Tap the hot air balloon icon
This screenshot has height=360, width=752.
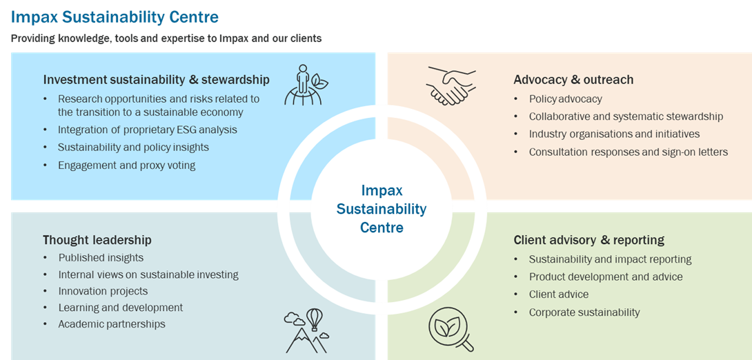(x=315, y=319)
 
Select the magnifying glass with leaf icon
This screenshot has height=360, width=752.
(x=450, y=330)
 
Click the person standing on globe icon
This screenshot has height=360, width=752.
(x=303, y=86)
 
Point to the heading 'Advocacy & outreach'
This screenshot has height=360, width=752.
(x=573, y=79)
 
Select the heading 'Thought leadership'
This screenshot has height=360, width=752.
(x=97, y=240)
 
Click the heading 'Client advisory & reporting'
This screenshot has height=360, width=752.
(x=588, y=240)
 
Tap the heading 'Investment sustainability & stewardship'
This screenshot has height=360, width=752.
(x=156, y=79)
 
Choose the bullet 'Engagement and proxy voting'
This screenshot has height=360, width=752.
(x=126, y=165)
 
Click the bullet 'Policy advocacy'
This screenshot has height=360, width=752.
(x=565, y=99)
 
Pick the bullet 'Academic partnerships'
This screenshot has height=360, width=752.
(x=112, y=324)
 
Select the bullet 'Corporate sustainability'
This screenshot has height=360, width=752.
(x=584, y=312)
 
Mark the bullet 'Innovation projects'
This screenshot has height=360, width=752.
(x=103, y=291)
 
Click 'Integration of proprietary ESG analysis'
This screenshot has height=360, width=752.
(x=147, y=130)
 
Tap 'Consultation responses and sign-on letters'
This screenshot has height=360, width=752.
(x=628, y=152)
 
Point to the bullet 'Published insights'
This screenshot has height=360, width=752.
(x=101, y=258)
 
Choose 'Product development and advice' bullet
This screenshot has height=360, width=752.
(x=605, y=277)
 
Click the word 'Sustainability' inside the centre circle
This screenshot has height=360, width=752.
(x=382, y=209)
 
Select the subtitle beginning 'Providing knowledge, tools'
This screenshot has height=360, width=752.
(x=166, y=39)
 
